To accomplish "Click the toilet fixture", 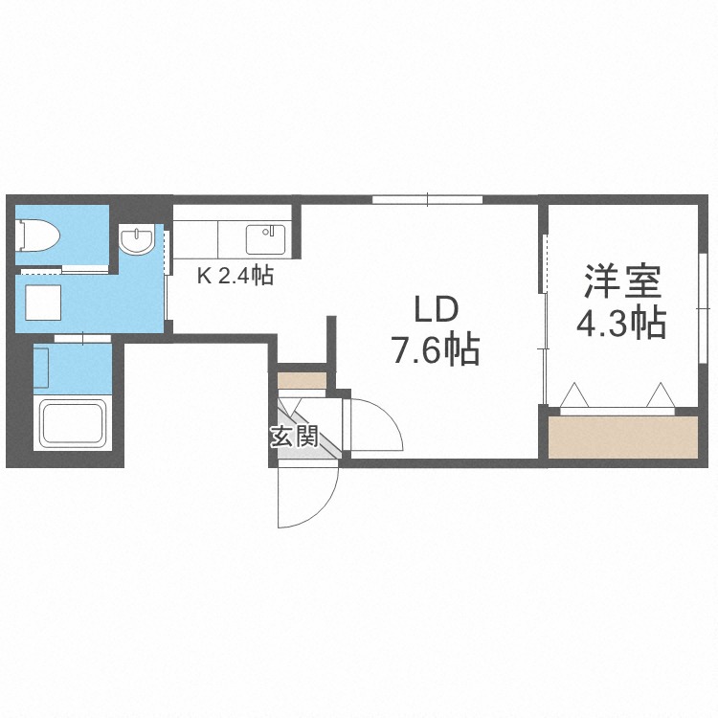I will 39,234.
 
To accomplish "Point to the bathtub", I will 73,425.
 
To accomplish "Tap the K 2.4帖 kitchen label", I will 236,278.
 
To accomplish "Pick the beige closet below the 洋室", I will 624,438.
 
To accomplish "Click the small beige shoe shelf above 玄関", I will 303,379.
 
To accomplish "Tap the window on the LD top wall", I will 426,200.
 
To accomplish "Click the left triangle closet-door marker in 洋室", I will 574,394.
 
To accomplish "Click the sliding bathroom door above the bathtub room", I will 82,337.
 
